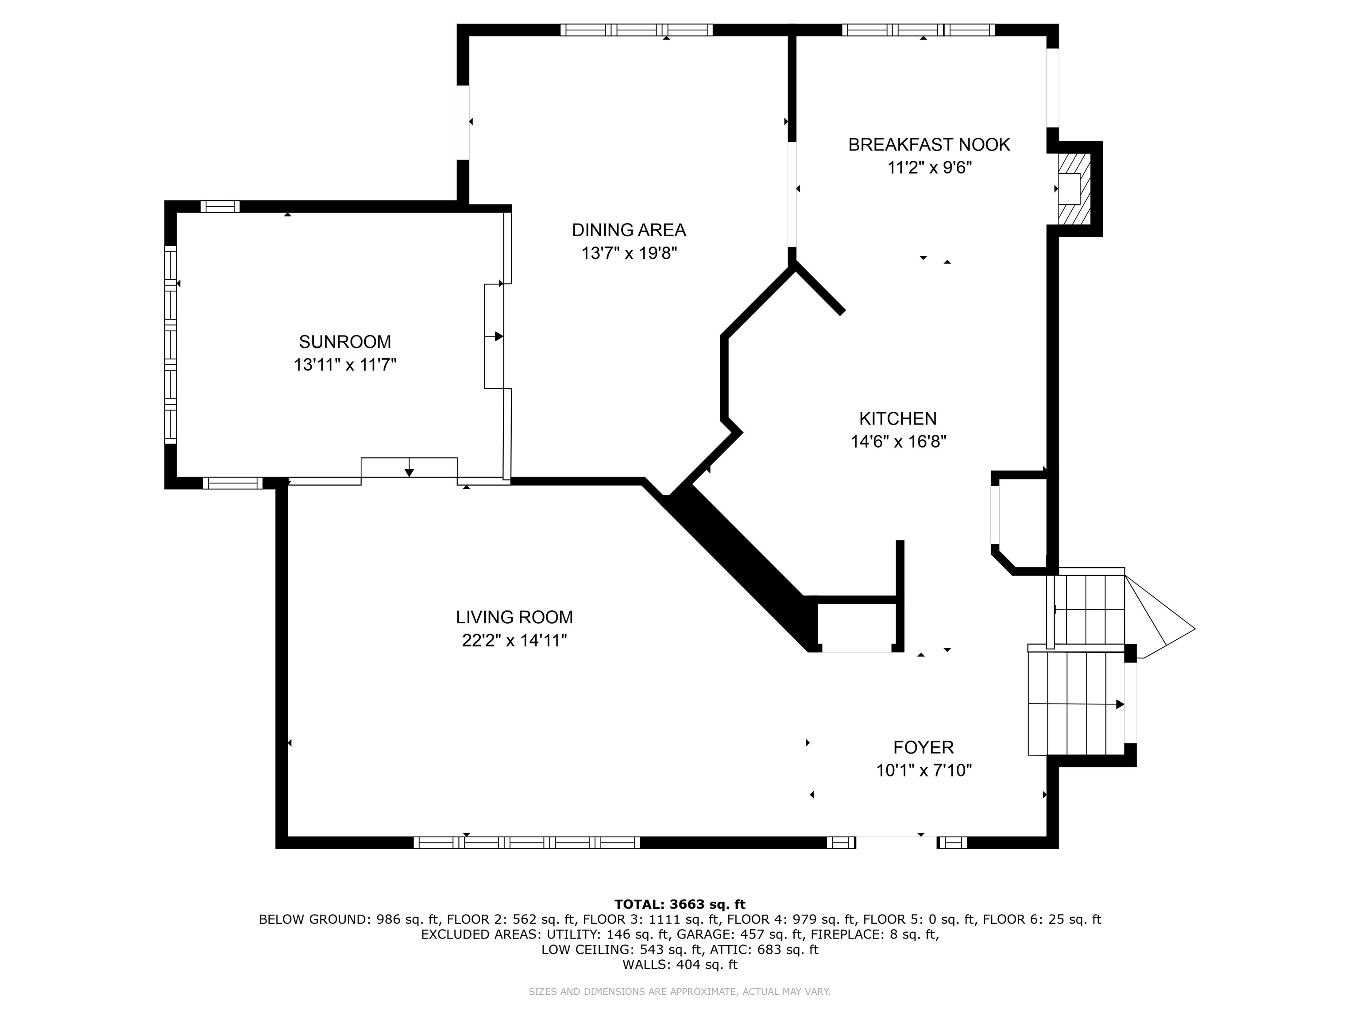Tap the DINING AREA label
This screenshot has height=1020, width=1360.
tap(629, 230)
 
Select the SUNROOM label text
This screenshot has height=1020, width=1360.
tap(345, 342)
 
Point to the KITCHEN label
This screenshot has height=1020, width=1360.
tap(898, 419)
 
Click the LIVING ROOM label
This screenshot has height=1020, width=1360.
tap(514, 617)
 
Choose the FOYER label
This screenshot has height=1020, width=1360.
tap(923, 748)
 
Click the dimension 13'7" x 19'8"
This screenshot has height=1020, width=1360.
tap(629, 253)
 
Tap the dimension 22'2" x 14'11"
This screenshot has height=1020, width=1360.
tap(514, 641)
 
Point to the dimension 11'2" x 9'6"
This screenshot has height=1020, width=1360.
tap(929, 168)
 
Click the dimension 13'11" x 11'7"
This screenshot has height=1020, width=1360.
tap(345, 365)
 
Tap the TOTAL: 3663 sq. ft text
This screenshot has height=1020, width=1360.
tap(680, 904)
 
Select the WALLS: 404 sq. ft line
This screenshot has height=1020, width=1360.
tap(680, 965)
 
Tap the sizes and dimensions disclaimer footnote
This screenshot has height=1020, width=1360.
tap(680, 992)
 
